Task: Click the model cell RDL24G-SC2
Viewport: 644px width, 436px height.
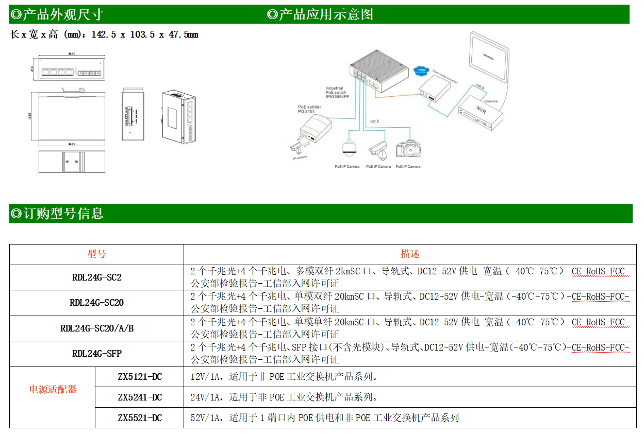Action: pos(96,277)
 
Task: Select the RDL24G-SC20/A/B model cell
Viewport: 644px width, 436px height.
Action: pos(96,328)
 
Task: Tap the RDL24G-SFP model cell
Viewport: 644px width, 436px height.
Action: pos(96,353)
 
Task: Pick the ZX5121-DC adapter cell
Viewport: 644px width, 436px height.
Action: pos(139,377)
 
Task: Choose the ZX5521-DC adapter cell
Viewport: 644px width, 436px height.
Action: pos(139,417)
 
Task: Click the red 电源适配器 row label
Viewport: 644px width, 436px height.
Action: pos(53,389)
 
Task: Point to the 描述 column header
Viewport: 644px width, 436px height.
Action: pos(410,254)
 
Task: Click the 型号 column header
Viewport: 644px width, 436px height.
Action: pos(96,254)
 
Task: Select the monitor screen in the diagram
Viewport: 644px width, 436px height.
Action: pos(488,57)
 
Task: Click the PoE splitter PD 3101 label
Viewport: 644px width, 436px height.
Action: pos(309,109)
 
